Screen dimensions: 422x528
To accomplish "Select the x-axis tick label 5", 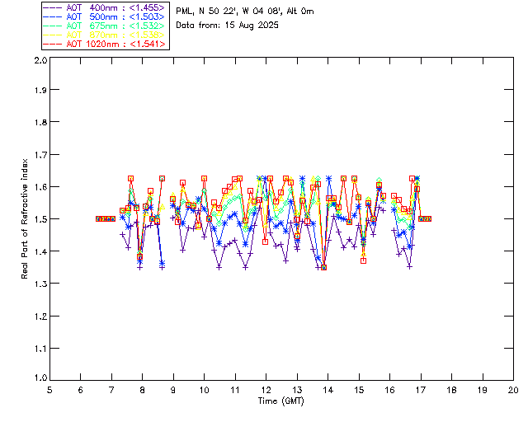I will [49, 389].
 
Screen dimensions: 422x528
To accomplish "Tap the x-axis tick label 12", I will [266, 389].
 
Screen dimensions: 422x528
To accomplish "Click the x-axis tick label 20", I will [513, 389].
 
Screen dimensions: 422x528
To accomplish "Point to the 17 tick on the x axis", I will [421, 389].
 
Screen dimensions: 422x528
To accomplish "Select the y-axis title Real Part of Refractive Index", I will [26, 219].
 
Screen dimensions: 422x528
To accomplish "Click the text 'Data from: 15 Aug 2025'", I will [228, 26].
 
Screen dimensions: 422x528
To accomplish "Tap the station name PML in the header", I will [184, 12].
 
